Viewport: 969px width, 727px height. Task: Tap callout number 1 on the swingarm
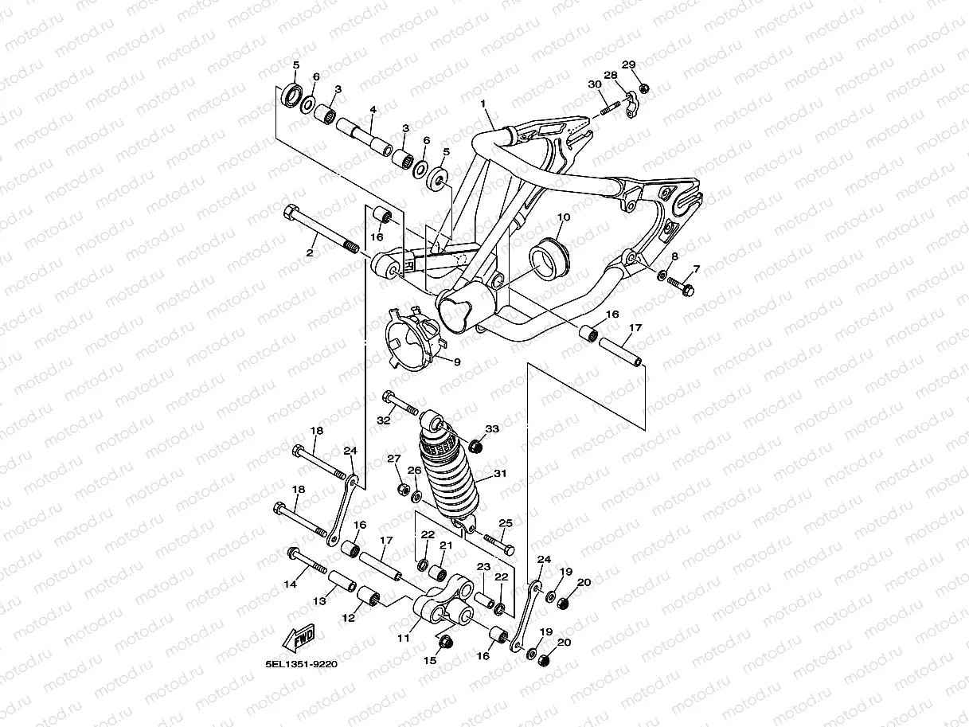click(483, 104)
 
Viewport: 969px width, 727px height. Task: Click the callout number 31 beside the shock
click(500, 474)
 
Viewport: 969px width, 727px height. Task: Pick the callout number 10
click(563, 217)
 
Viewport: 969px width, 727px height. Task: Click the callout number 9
click(457, 362)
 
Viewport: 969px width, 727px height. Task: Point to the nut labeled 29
click(644, 88)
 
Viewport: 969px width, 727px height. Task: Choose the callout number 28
click(611, 76)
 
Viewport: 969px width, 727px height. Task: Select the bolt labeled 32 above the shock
click(400, 404)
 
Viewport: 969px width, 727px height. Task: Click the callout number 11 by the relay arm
click(403, 638)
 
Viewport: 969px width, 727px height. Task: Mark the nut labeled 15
click(447, 642)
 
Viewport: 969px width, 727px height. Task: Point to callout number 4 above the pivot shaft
click(373, 109)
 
